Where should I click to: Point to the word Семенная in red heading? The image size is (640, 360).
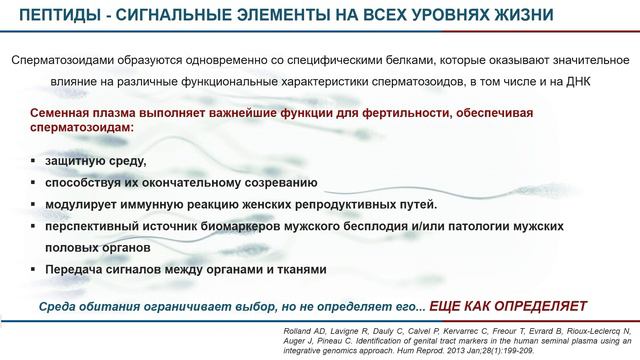pos(63,115)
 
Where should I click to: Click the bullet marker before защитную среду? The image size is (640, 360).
pos(33,161)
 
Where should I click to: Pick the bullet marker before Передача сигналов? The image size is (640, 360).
pos(33,270)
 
